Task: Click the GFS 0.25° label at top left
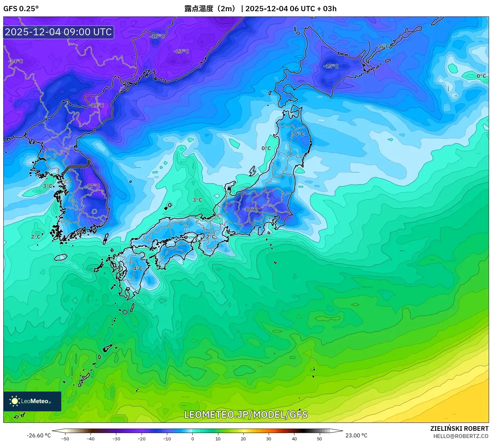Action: [x=21, y=9]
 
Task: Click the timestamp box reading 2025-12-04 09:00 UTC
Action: [x=59, y=32]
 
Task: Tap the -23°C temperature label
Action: [x=181, y=51]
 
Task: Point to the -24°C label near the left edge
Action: [x=15, y=61]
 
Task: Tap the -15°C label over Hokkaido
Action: [x=331, y=66]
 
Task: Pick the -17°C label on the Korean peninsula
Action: [x=93, y=186]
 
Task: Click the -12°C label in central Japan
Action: [x=250, y=209]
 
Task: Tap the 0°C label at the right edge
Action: [x=481, y=76]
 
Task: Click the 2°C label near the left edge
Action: [x=36, y=237]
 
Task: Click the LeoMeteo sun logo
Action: [x=15, y=401]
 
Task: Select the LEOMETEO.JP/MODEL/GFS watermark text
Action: [x=246, y=414]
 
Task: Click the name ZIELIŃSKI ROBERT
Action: [x=459, y=428]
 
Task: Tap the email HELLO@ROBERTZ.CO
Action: [x=461, y=436]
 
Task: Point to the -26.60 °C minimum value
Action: [x=39, y=435]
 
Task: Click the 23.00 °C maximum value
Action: [x=356, y=435]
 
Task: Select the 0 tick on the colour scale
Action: [x=193, y=438]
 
